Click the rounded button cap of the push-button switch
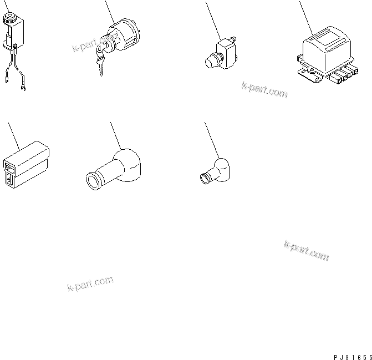pos(212,60)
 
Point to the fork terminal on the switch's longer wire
pos(24,87)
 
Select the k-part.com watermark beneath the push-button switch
pos(264,89)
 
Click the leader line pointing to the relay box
pos(304,17)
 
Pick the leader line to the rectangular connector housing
pos(12,135)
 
